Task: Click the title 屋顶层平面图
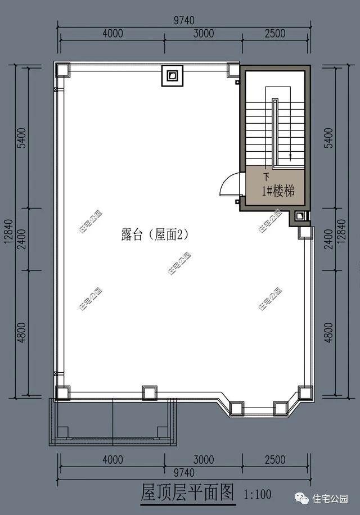coord(187,492)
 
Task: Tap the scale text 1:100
coord(257,494)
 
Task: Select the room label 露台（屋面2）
coord(155,234)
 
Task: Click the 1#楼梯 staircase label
coord(278,191)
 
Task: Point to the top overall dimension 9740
coord(184,20)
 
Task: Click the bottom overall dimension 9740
coord(184,473)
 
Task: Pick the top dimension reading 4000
coord(112,33)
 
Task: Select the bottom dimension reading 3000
coord(204,459)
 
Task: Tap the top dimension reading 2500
coord(275,33)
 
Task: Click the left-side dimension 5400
coord(22,138)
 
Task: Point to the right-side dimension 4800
coord(328,333)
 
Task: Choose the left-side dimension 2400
coord(22,239)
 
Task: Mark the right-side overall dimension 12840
coord(341,231)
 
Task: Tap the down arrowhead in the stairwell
coord(290,157)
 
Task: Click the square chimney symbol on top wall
coord(172,76)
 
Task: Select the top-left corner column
coord(63,70)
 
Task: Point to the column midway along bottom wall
coord(150,392)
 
